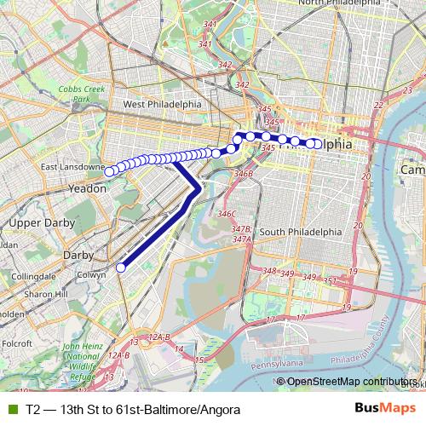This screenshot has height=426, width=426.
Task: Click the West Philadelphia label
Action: pos(162,104)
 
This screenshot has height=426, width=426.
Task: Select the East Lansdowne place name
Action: pos(72,167)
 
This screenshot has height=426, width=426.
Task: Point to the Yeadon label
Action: pos(86,188)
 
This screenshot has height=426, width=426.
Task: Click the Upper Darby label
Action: pos(37,222)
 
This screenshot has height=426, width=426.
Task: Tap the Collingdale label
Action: pos(33,277)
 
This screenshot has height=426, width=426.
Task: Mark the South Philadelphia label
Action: pos(301,232)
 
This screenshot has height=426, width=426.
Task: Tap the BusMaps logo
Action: pos(379,409)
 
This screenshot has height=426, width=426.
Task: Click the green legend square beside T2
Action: pos(12,409)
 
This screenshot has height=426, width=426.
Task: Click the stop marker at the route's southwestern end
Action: pos(120,268)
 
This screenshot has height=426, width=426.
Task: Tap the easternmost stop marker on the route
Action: pos(318,143)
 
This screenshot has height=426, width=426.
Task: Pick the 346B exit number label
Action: pos(244,174)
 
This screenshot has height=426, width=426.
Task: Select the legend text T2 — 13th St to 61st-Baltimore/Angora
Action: pos(127,409)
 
